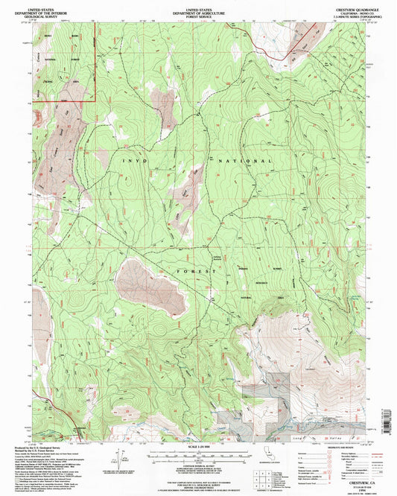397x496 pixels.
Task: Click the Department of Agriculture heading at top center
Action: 198,10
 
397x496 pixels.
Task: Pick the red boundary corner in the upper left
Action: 95,99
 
